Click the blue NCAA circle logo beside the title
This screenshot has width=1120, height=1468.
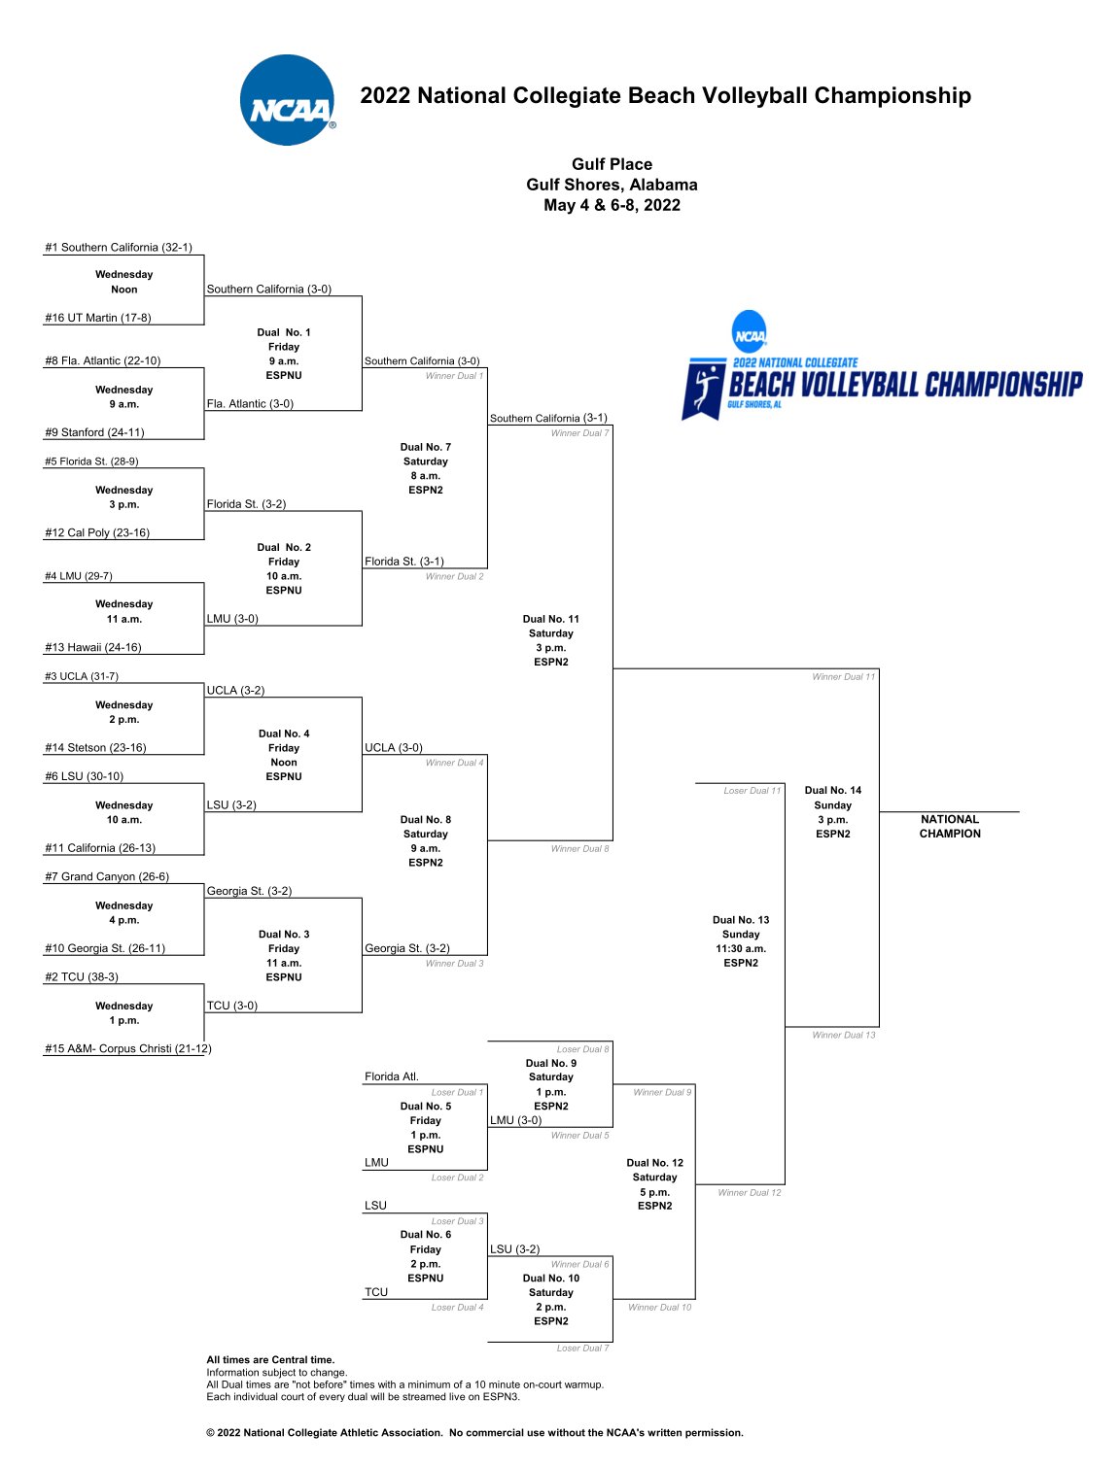coord(288,100)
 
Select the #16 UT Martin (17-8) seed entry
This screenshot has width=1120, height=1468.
coord(98,318)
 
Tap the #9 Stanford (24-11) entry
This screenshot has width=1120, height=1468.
coord(94,432)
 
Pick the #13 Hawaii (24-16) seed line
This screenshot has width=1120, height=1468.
coord(93,647)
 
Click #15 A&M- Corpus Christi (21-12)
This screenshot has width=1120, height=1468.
coord(128,1048)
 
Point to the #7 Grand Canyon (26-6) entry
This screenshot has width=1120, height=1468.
coord(107,876)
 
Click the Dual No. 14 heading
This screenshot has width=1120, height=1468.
coord(833,791)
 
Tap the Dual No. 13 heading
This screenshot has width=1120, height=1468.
coord(741,920)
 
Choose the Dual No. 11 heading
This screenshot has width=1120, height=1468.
coord(551,619)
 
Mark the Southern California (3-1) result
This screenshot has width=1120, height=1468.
coord(548,418)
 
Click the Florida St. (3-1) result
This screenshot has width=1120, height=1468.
coord(404,562)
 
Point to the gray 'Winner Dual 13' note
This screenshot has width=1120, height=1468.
coord(843,1035)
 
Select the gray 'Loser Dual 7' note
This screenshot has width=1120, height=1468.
coord(582,1348)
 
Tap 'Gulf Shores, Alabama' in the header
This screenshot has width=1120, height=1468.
coord(612,185)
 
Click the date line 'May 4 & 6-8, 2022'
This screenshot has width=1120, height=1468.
coord(612,205)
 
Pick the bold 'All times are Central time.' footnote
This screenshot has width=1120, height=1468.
coord(270,1360)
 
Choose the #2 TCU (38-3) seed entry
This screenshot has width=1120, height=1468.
coord(82,977)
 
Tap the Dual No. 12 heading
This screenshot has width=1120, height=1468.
coord(655,1163)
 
